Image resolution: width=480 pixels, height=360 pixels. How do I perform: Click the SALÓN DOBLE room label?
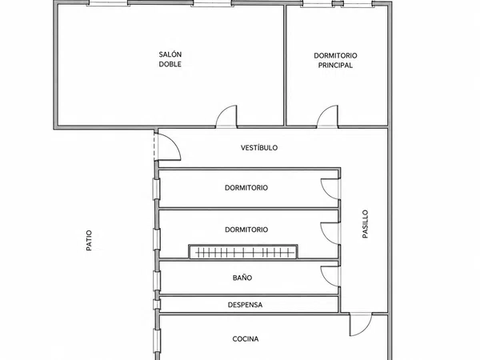170,59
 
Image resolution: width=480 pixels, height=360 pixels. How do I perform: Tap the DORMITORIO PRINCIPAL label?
335,60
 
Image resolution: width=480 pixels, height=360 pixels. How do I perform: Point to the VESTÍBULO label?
259,148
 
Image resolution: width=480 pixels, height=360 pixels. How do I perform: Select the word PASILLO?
365,224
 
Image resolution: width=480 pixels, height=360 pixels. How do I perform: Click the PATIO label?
89,241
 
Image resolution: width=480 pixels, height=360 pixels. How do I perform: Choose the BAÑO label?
242,278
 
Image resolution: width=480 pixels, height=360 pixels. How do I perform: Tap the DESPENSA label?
245,305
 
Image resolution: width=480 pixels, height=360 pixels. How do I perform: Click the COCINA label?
246,339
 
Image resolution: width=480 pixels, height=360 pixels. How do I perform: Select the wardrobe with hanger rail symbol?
243,252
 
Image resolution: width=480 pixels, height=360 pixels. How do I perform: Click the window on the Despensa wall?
157,305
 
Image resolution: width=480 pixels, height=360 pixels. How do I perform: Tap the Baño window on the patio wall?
157,281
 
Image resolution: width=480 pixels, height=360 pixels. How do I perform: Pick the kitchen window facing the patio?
157,341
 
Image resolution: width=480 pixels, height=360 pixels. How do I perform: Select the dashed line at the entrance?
154,146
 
